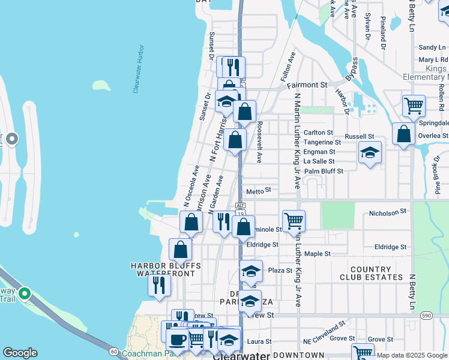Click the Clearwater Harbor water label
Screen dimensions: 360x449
pyautogui.click(x=139, y=68)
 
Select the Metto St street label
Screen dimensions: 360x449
pyautogui.click(x=259, y=190)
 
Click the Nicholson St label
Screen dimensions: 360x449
pyautogui.click(x=388, y=212)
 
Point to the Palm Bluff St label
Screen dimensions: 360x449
pyautogui.click(x=324, y=171)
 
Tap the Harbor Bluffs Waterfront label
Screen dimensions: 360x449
pyautogui.click(x=166, y=269)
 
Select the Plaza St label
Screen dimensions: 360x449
pyautogui.click(x=280, y=271)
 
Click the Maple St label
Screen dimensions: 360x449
pyautogui.click(x=318, y=254)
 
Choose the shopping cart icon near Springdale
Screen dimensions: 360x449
pyautogui.click(x=414, y=106)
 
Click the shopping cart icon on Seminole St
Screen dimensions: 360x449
pyautogui.click(x=294, y=220)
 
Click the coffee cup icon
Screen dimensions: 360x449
pyautogui.click(x=177, y=339)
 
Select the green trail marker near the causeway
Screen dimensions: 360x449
pyautogui.click(x=24, y=294)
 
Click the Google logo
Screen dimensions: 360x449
pyautogui.click(x=20, y=353)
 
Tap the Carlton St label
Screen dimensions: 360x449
pyautogui.click(x=318, y=133)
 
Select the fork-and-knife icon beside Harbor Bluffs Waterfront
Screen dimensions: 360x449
pyautogui.click(x=159, y=284)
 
